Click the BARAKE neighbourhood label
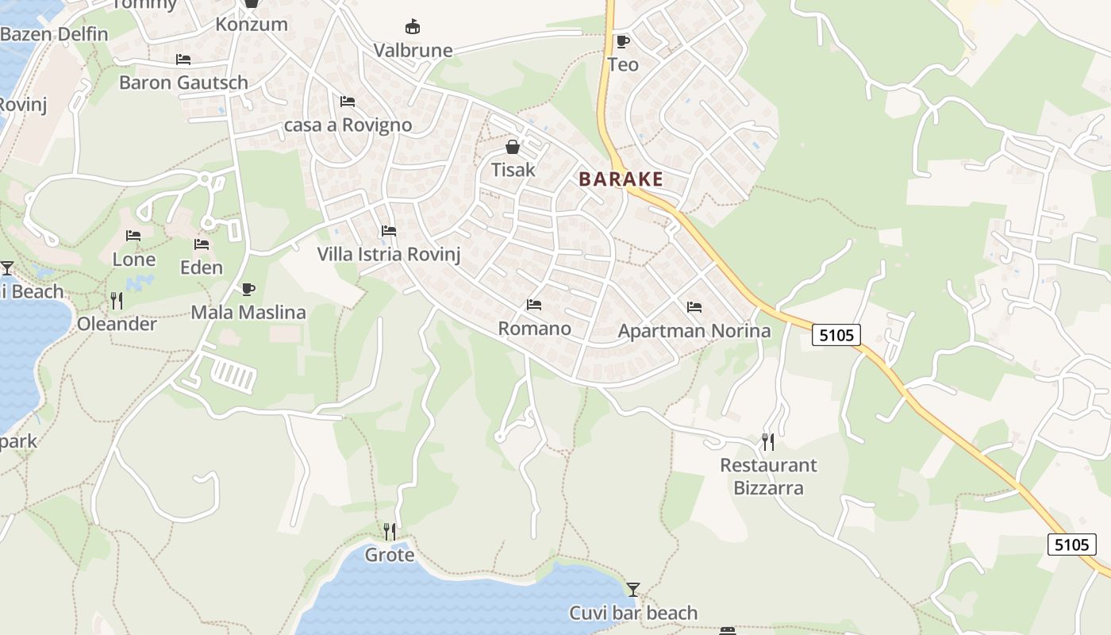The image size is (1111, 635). [621, 179]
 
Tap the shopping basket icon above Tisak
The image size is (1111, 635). [513, 147]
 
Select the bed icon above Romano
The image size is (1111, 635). [534, 305]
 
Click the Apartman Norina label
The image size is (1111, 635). [694, 331]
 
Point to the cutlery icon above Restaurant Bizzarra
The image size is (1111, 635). [767, 441]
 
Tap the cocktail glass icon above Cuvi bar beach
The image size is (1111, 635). [632, 589]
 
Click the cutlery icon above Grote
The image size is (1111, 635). [389, 531]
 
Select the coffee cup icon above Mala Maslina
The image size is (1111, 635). [248, 289]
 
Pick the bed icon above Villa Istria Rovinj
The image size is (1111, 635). [389, 231]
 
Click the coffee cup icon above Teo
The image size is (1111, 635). [622, 41]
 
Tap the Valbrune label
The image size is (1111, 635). [413, 51]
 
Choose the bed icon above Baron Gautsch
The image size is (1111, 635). [183, 60]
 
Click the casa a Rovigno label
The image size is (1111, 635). [348, 125]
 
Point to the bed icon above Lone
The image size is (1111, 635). [133, 236]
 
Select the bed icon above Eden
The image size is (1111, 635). [202, 244]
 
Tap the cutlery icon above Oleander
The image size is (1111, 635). [117, 300]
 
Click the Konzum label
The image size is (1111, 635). [252, 25]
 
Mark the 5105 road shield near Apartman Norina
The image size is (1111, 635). [836, 335]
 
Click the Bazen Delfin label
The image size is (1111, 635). [54, 34]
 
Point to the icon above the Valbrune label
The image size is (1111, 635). [413, 27]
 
